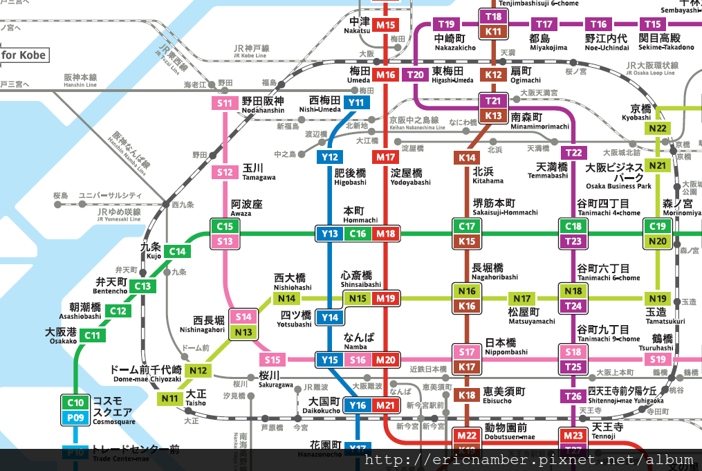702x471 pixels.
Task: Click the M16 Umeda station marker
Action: tap(386, 75)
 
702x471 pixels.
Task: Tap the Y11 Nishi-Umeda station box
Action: tap(357, 103)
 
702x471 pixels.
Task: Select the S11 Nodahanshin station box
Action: tap(225, 104)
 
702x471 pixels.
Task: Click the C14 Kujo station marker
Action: tap(178, 252)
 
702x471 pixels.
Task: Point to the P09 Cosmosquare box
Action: tap(75, 418)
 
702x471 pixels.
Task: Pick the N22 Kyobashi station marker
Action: tap(657, 128)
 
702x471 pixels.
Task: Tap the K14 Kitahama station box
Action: tap(468, 158)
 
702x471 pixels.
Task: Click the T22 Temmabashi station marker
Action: tap(573, 152)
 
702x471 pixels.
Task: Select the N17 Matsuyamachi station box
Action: tap(522, 299)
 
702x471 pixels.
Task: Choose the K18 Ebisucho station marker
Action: tap(468, 396)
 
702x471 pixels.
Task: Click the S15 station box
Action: tap(273, 360)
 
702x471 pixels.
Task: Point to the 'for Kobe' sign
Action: tap(24, 55)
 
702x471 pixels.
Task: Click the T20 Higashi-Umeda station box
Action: tap(416, 75)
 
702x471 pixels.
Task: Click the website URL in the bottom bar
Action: tap(529, 460)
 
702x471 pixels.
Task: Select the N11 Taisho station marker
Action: tap(169, 398)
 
